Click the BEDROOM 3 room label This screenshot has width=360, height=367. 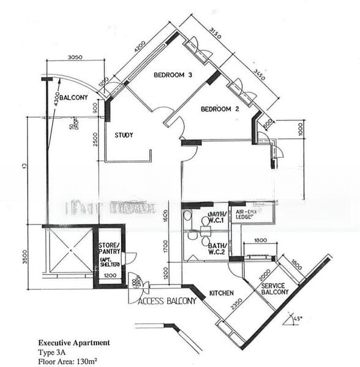point(173,75)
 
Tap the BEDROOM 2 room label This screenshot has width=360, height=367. point(219,109)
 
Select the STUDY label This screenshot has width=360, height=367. point(124,135)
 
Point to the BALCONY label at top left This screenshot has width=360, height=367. point(74,98)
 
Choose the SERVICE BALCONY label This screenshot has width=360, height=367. point(274,289)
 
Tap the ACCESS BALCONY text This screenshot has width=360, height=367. point(168,301)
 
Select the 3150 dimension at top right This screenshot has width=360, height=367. point(212,31)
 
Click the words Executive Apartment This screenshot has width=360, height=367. point(74,343)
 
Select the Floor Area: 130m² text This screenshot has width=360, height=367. point(69,361)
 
